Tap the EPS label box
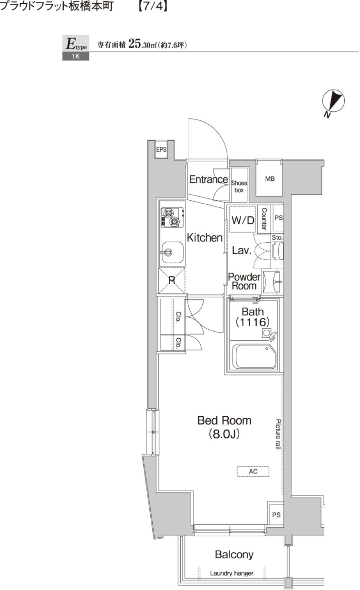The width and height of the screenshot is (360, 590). tap(161, 150)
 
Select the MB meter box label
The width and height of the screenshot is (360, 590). tap(270, 179)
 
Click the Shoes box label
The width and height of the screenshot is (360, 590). tap(239, 186)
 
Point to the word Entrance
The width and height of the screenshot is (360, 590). tap(208, 180)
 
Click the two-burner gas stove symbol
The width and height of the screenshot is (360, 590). tap(172, 218)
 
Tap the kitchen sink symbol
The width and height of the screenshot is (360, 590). tap(172, 252)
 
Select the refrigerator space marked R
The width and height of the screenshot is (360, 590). tap(172, 280)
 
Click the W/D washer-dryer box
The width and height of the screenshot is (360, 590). tap(243, 220)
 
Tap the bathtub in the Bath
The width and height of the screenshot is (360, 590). tap(255, 356)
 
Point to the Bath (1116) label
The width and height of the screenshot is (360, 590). tap(252, 317)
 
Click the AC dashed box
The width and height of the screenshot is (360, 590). tap(253, 471)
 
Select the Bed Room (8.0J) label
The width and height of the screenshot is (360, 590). tap(224, 427)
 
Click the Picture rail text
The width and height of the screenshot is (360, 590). tap(278, 434)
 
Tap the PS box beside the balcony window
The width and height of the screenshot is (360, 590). tap(276, 515)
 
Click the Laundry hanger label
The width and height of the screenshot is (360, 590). tap(231, 573)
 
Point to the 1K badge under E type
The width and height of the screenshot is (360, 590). tap(75, 57)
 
